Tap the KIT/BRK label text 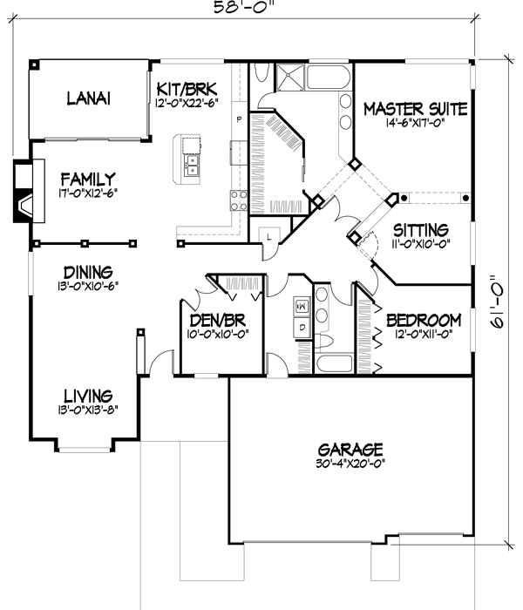click(x=187, y=89)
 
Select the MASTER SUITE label click(x=415, y=109)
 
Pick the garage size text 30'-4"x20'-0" click(x=350, y=464)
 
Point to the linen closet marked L click(x=268, y=236)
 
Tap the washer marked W click(x=302, y=307)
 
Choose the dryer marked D click(x=302, y=327)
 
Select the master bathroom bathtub click(x=326, y=79)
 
